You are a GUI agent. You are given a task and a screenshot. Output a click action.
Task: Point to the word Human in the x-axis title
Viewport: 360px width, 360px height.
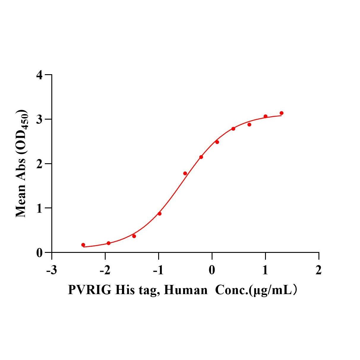point(185,290)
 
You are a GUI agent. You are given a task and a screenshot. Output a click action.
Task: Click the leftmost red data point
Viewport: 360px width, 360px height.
point(83,245)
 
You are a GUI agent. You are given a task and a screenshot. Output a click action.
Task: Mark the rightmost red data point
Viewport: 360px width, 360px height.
point(281,113)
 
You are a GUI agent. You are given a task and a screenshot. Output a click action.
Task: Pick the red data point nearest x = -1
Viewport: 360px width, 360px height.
point(159,214)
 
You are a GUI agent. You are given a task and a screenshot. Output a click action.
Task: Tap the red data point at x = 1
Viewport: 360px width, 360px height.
point(265,116)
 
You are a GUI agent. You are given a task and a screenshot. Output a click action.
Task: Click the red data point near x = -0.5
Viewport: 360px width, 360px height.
point(185,173)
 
